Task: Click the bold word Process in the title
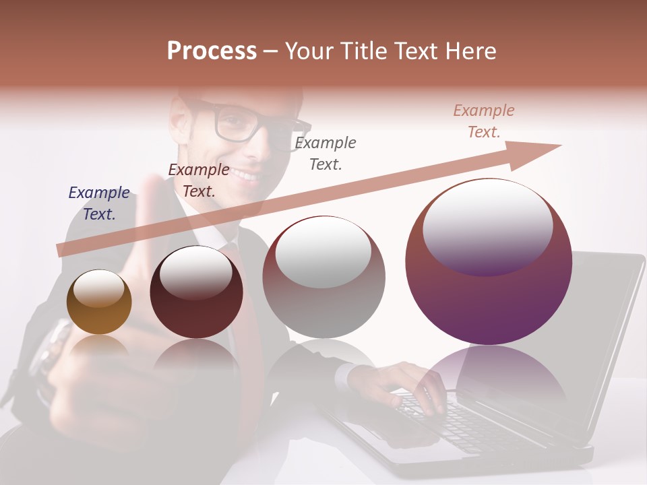(212, 51)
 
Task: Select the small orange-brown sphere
(99, 302)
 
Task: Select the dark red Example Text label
(199, 181)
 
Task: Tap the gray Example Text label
(326, 154)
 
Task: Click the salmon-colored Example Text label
(484, 121)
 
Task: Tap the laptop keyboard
(458, 421)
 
